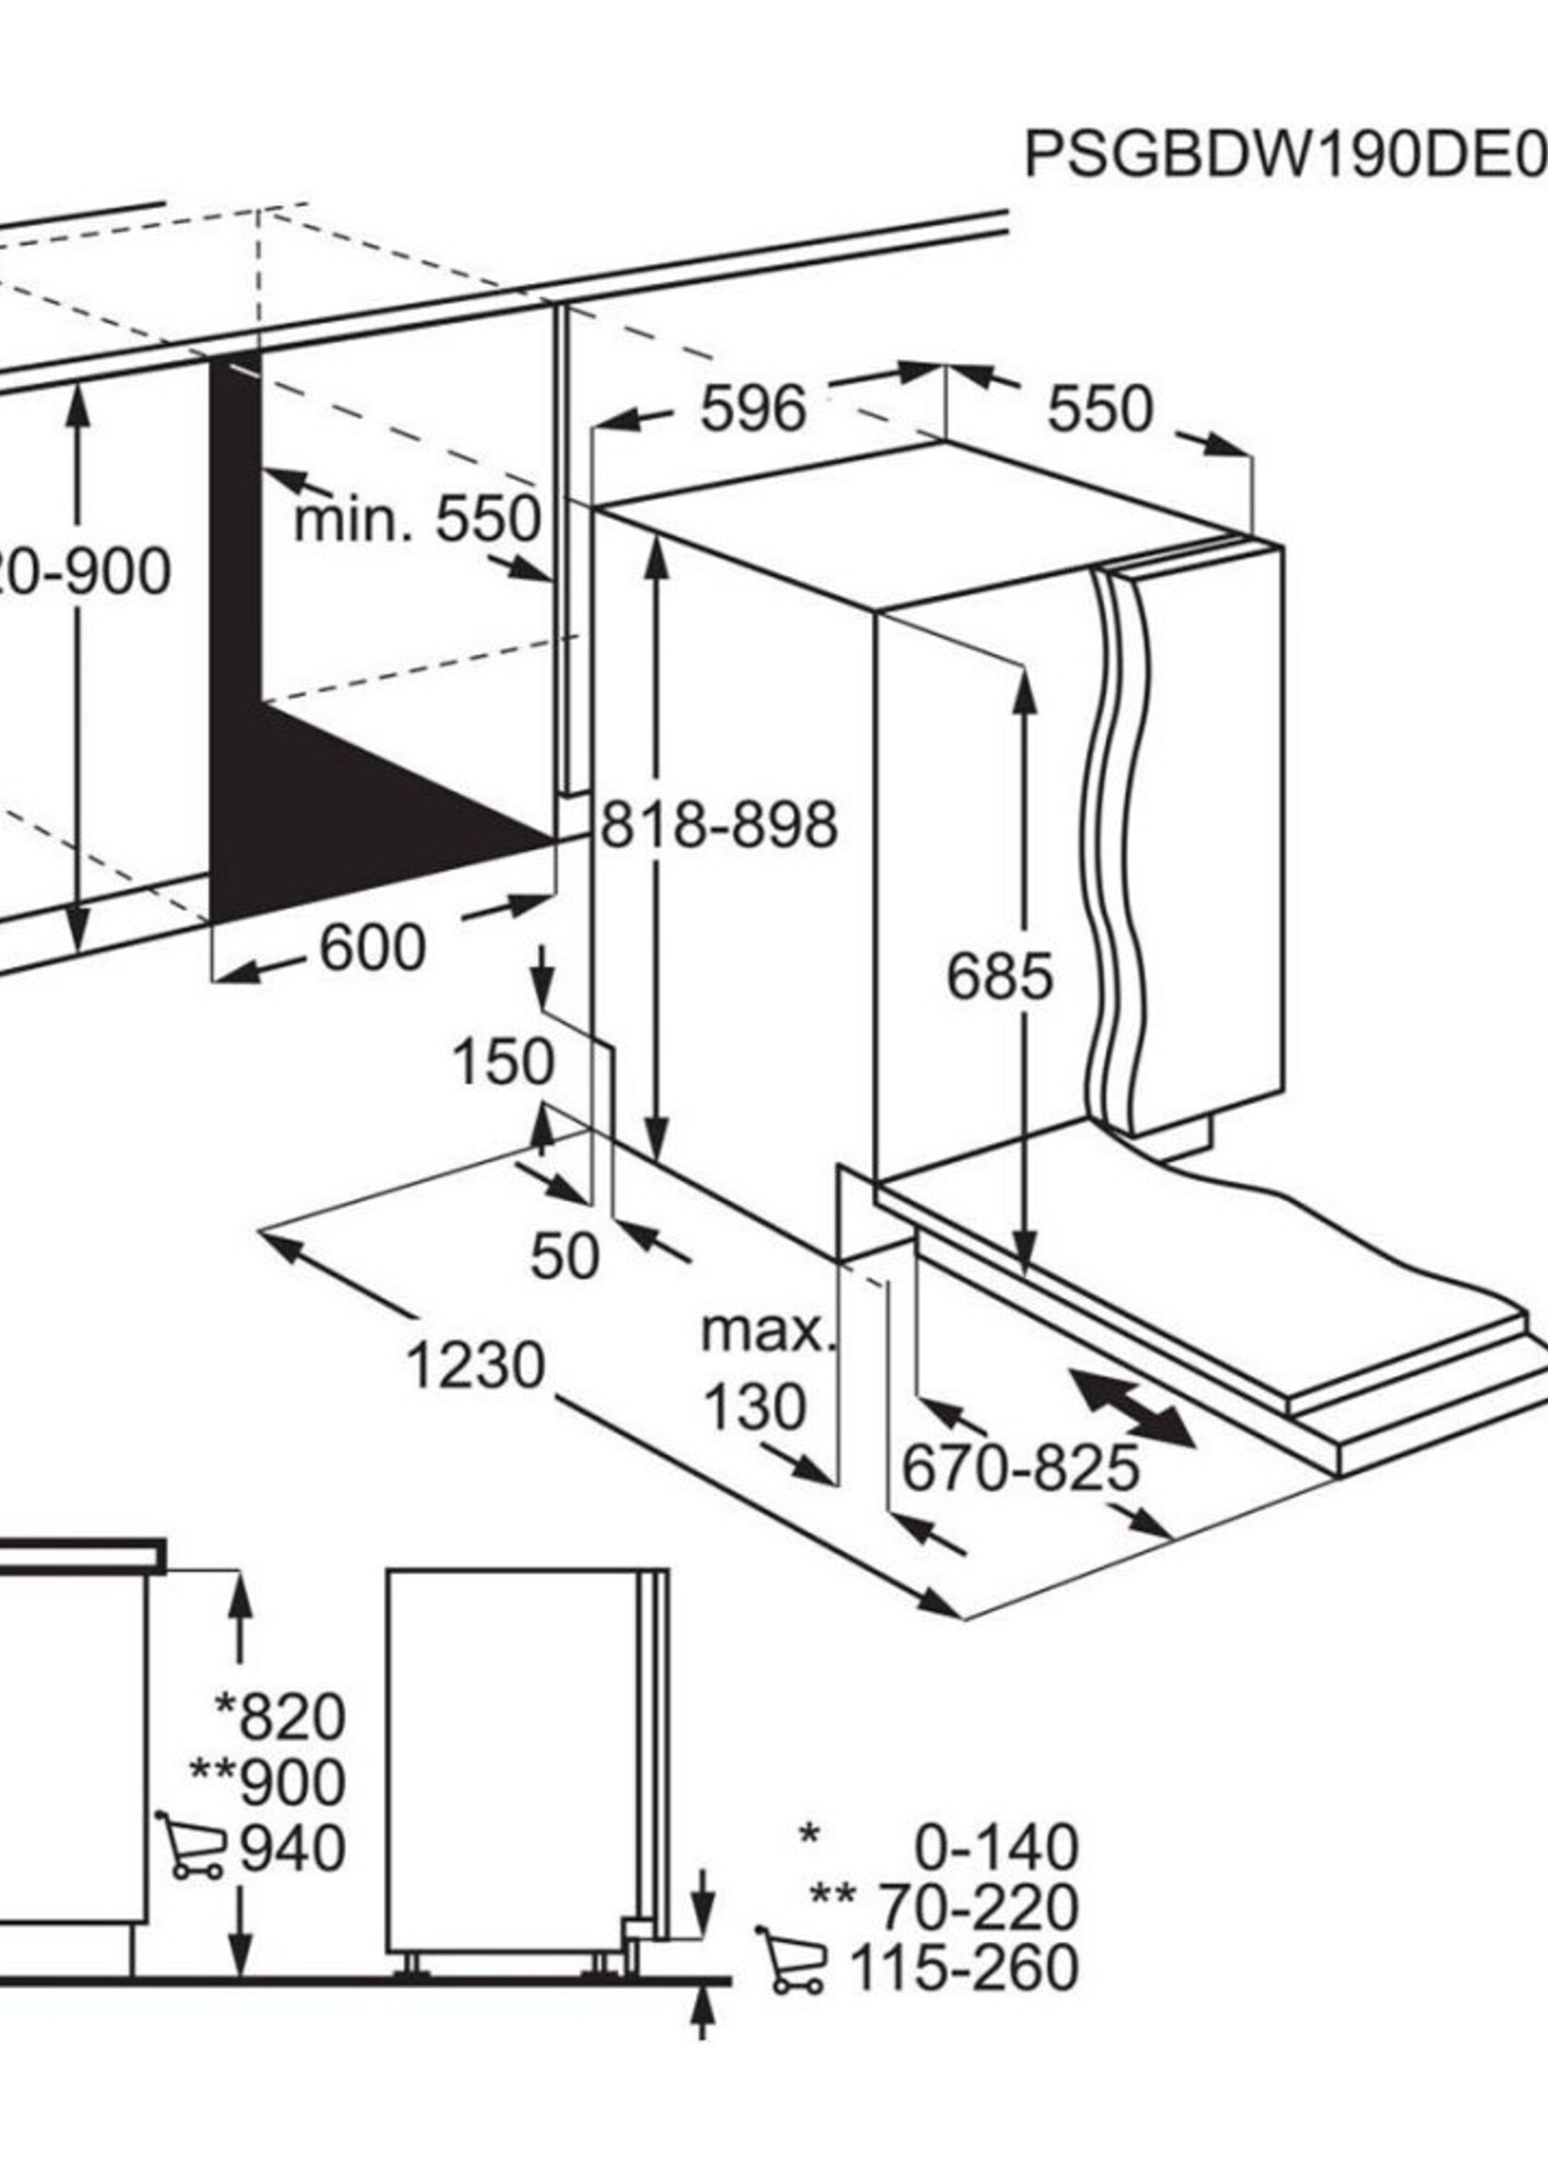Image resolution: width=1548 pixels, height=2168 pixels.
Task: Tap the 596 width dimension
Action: click(753, 409)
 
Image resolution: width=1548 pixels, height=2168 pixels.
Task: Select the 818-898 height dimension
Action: click(720, 825)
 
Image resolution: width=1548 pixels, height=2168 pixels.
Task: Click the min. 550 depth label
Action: click(418, 520)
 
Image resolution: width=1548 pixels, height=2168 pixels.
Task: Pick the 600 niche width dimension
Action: click(372, 949)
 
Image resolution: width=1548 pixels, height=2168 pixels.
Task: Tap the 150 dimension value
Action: click(502, 1062)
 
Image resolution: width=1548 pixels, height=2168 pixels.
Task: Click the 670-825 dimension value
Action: click(1020, 1467)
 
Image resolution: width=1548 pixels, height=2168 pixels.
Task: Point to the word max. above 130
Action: click(767, 1331)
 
